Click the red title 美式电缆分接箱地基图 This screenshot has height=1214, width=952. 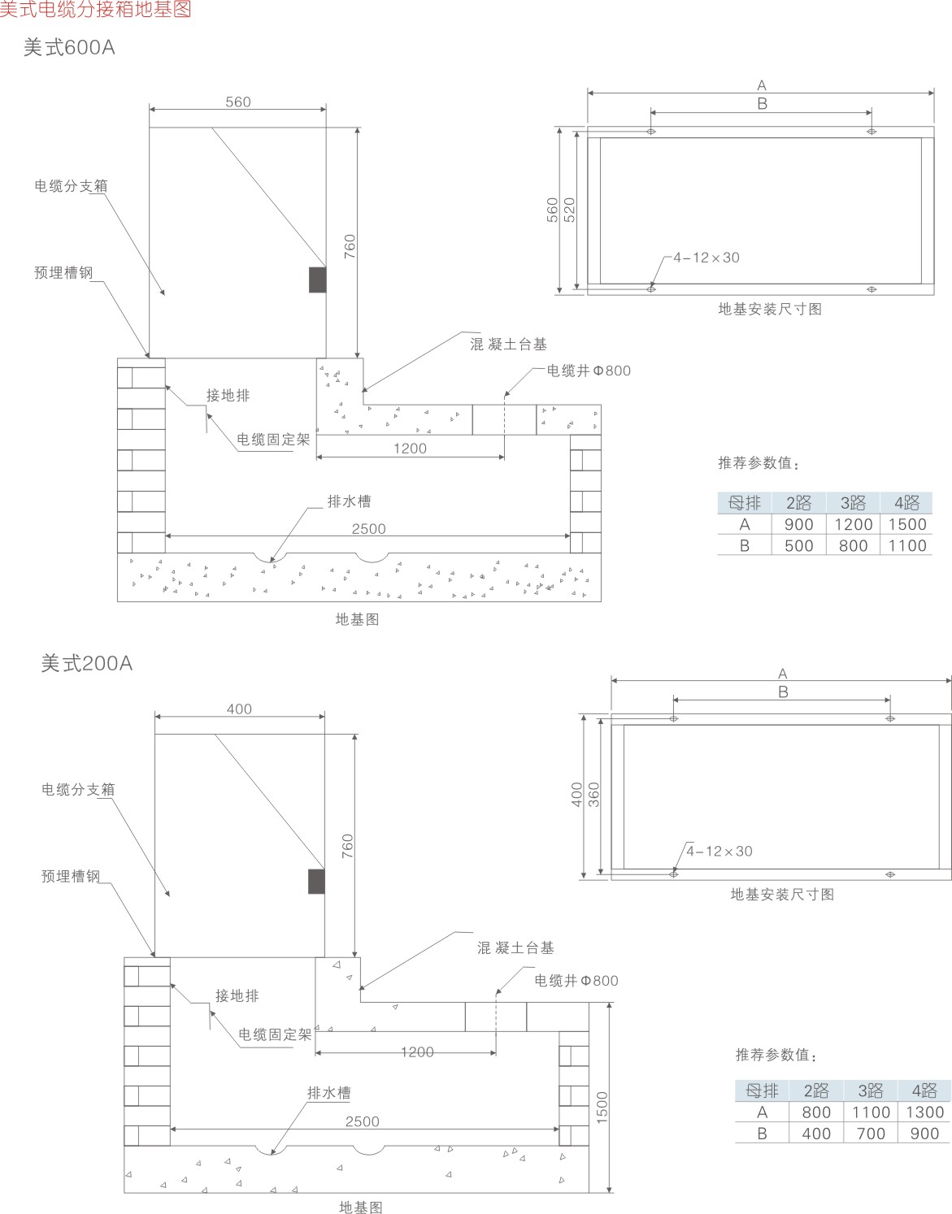(96, 9)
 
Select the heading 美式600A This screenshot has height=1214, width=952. (69, 48)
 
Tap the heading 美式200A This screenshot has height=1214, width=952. (86, 664)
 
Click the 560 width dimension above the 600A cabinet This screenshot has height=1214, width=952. (238, 102)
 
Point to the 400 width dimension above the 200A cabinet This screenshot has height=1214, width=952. (239, 709)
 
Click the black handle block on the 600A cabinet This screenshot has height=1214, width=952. (317, 279)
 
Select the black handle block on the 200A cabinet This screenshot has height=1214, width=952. (316, 881)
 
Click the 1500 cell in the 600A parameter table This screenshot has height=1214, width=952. (906, 525)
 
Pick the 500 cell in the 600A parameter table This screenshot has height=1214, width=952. (798, 546)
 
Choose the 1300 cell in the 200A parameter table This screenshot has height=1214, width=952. (924, 1112)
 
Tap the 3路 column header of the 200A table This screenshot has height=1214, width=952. (871, 1090)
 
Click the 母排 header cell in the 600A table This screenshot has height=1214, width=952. (744, 503)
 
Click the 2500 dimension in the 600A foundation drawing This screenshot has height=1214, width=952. (368, 529)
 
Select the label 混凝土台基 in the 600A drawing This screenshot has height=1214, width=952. (508, 345)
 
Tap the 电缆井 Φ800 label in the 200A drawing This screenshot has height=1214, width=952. (576, 981)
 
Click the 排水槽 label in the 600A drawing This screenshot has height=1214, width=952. (349, 502)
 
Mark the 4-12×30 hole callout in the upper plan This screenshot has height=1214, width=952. (706, 258)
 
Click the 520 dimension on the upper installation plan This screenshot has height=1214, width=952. (569, 210)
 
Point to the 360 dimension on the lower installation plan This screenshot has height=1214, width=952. (593, 795)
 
